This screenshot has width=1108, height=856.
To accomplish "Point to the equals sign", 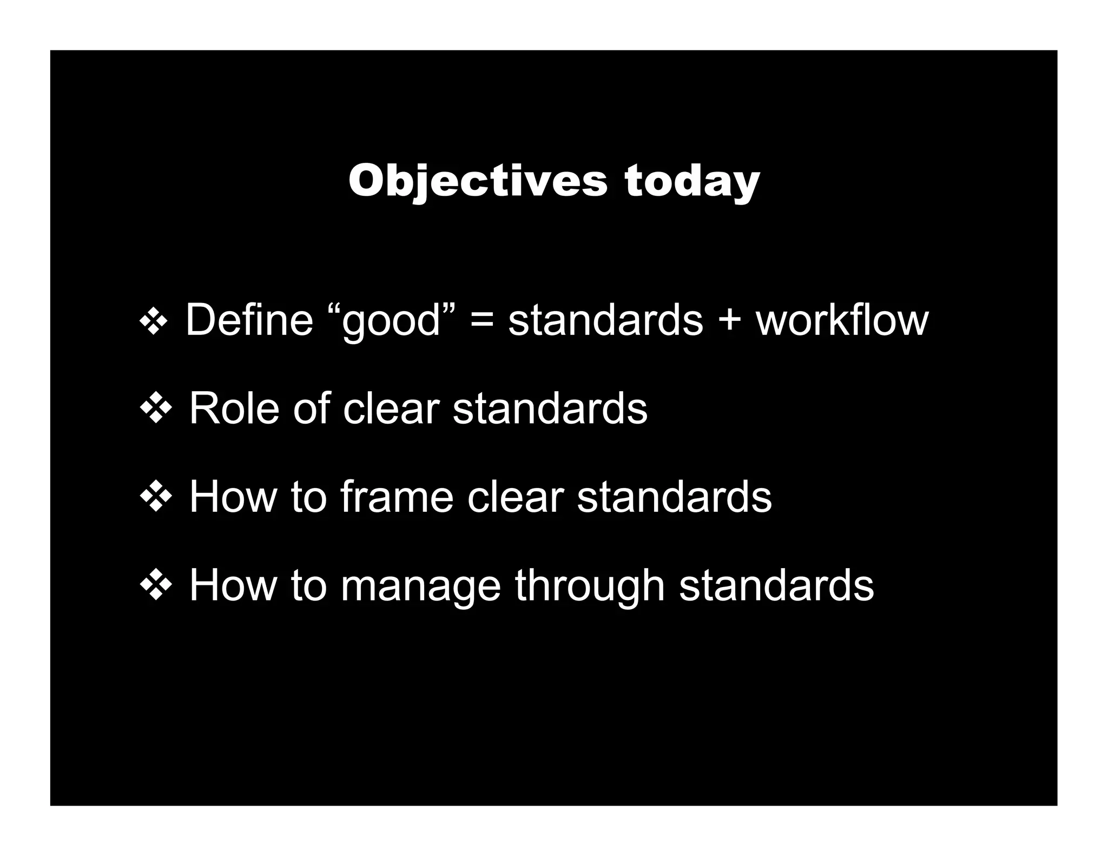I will pos(482,321).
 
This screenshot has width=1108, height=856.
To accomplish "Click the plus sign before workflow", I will pos(729,321).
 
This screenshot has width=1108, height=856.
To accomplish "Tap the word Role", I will pos(234,409).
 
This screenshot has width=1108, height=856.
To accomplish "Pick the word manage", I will pos(420,587).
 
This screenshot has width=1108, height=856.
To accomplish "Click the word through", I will pos(590,587).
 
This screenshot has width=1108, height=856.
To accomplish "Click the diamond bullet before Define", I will pos(154,322).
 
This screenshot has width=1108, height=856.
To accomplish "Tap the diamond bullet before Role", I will pos(156,410).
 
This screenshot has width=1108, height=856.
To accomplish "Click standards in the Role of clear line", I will pos(550,409).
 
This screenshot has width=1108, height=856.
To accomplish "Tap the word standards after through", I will pos(776,585).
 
